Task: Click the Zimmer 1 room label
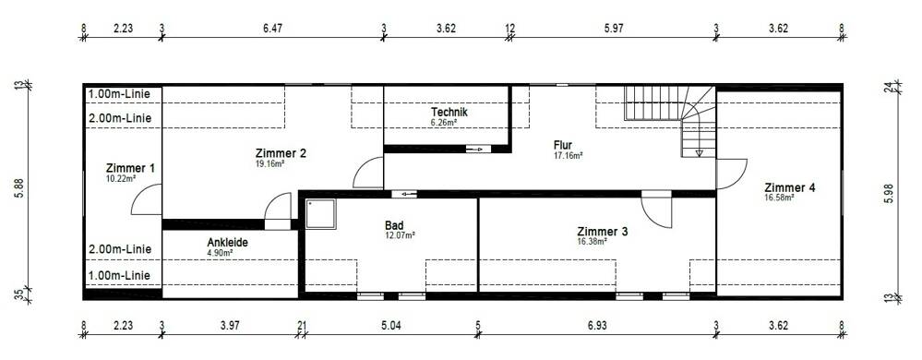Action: tap(130, 168)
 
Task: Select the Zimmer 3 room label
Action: tap(602, 231)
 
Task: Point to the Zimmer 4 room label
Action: tap(789, 187)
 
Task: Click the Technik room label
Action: tap(449, 113)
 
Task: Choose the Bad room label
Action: tap(395, 224)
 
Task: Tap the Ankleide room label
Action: tap(227, 243)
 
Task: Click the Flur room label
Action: tap(563, 145)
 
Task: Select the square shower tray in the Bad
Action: tap(321, 216)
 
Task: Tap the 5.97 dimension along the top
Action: tap(614, 29)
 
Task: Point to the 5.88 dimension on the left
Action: tap(18, 190)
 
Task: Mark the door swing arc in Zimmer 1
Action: tap(148, 199)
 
